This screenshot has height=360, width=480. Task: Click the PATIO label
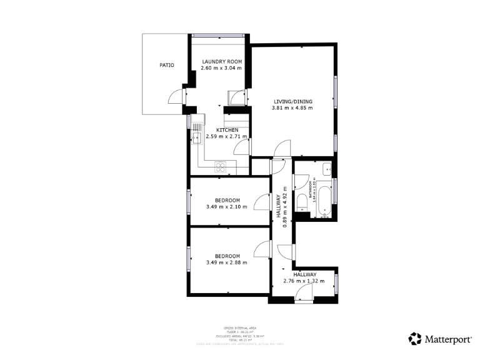pyautogui.click(x=166, y=65)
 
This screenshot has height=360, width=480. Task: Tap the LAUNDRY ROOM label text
pyautogui.click(x=221, y=61)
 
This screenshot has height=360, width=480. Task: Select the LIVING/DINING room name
pyautogui.click(x=292, y=101)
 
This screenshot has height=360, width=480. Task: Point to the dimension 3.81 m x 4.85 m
pyautogui.click(x=292, y=108)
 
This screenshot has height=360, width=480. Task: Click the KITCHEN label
pyautogui.click(x=227, y=129)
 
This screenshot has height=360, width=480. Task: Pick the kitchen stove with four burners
pyautogui.click(x=221, y=166)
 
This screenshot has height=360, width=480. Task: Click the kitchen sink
pyautogui.click(x=197, y=136)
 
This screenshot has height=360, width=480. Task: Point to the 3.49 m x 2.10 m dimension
pyautogui.click(x=226, y=207)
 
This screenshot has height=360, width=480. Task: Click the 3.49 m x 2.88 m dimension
pyautogui.click(x=226, y=262)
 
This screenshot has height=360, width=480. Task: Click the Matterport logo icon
pyautogui.click(x=415, y=339)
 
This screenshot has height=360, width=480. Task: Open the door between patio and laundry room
pyautogui.click(x=176, y=96)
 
